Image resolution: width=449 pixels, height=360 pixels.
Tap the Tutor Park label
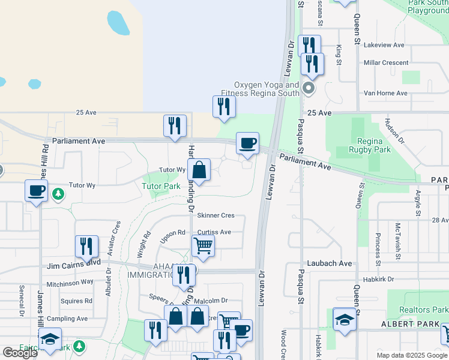[161, 186]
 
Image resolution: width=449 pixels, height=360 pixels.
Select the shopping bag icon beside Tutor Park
[199, 170]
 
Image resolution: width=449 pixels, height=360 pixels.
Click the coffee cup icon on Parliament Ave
[247, 144]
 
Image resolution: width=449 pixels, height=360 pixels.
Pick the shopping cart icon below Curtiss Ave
[203, 245]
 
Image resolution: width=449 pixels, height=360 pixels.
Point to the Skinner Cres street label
[215, 215]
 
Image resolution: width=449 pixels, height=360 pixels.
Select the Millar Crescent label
[385, 62]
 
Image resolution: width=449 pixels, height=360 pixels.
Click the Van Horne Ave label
[385, 94]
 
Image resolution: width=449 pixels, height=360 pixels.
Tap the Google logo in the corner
[20, 353]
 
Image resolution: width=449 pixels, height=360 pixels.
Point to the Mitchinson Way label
[70, 281]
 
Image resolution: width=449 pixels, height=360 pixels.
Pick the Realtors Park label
[423, 310]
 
